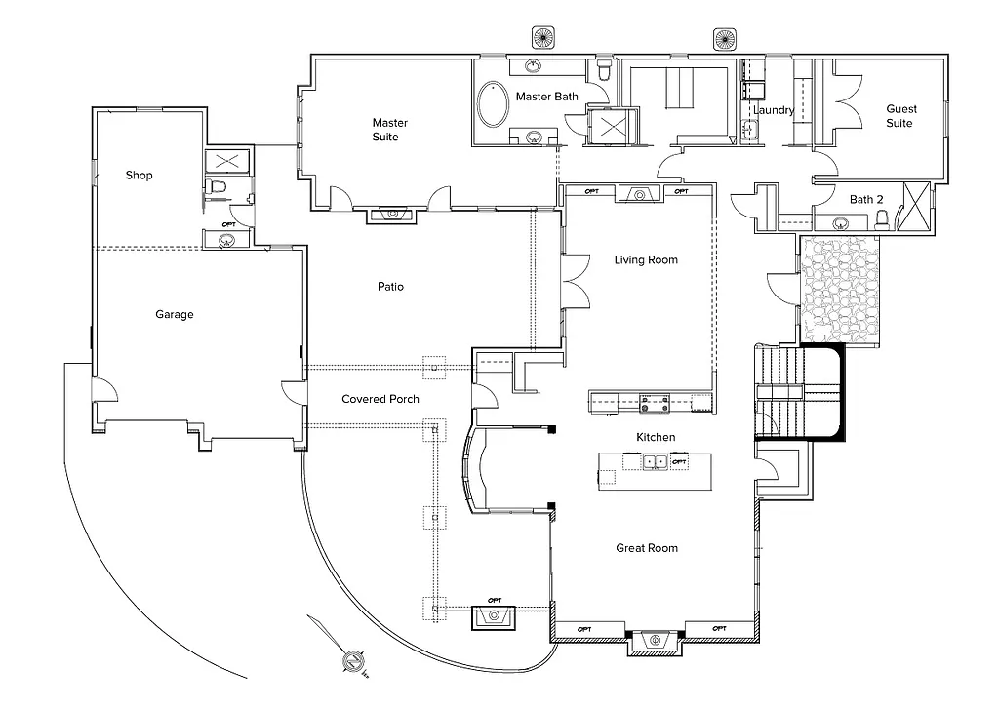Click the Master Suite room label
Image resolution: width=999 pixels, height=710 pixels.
[x=389, y=130]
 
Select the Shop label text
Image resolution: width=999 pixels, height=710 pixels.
[x=140, y=176]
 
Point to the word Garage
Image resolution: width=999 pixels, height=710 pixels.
[x=175, y=315]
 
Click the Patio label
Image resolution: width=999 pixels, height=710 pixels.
[x=390, y=287]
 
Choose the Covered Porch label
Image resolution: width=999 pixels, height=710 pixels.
[x=380, y=400]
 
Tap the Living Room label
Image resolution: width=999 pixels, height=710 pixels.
[x=645, y=260]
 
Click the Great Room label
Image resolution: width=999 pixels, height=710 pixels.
[x=646, y=548]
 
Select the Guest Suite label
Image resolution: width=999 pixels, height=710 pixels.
[x=899, y=116]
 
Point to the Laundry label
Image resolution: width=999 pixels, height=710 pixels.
[x=774, y=111]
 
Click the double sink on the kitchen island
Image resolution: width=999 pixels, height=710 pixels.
[x=655, y=461]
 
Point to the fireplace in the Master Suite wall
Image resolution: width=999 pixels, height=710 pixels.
[x=395, y=214]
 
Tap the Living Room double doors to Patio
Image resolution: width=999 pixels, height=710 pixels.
[x=573, y=281]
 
